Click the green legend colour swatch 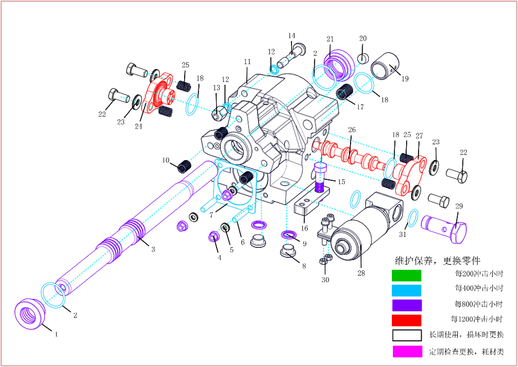point(407,274)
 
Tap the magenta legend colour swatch point(407,351)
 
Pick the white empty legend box point(407,335)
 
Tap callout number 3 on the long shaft point(153,249)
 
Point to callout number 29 point(459,207)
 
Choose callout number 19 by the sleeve point(405,79)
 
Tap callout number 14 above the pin point(292,36)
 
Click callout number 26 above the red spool point(352,130)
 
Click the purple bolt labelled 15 point(320,178)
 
